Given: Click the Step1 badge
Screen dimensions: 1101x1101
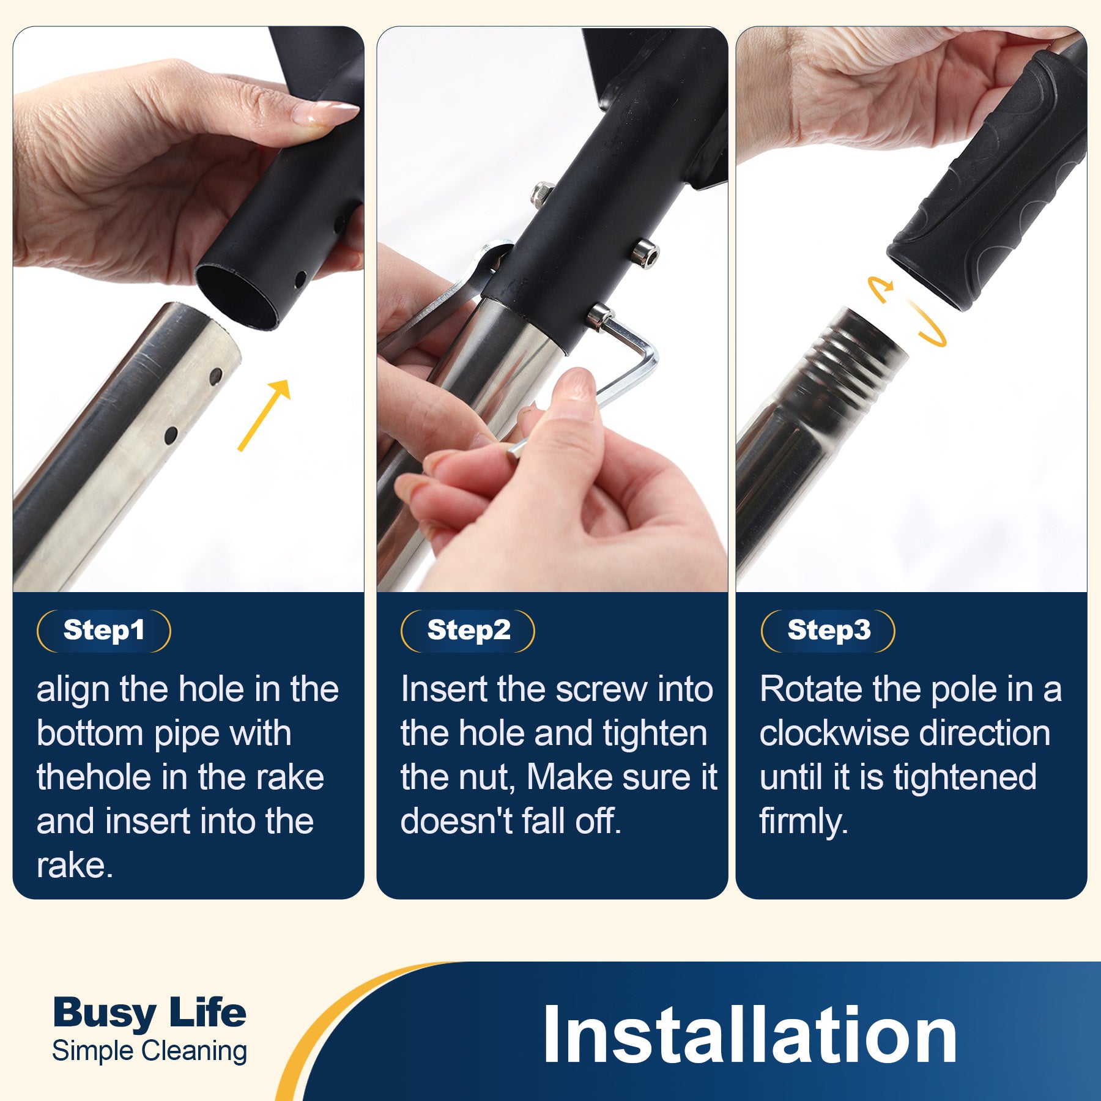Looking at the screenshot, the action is click(x=104, y=631).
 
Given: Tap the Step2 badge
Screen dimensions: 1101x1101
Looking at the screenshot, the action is click(x=468, y=631).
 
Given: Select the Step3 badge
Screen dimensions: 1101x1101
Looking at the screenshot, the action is click(x=828, y=631).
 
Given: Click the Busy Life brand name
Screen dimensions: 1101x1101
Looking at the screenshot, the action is click(x=149, y=1014).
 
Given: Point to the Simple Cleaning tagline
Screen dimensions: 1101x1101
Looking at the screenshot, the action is click(x=150, y=1051).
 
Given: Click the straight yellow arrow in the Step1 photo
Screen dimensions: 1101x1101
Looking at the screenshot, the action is click(x=264, y=415).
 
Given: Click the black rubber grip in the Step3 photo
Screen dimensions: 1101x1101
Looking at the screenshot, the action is click(x=985, y=183).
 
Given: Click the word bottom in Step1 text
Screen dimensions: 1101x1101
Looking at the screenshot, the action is click(x=90, y=733).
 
